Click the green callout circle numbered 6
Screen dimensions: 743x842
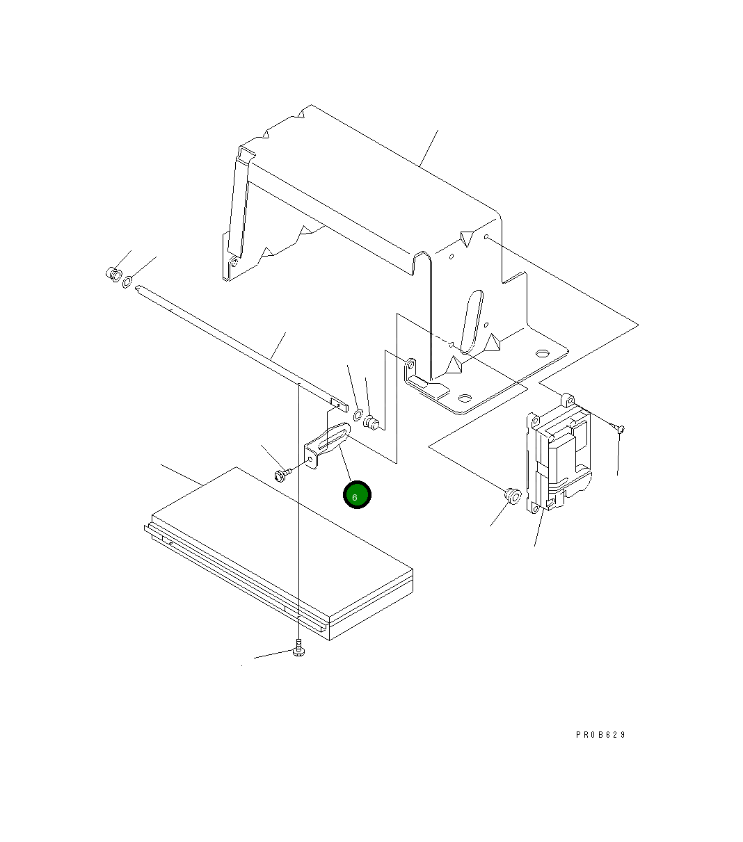357,494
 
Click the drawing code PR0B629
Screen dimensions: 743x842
600,735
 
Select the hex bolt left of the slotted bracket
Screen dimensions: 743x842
281,475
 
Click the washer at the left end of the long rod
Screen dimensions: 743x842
127,282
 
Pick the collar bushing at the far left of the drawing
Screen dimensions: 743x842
113,275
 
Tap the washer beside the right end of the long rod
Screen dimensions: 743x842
358,414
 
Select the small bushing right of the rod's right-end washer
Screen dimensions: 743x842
371,423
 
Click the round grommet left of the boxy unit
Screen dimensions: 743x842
513,496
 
